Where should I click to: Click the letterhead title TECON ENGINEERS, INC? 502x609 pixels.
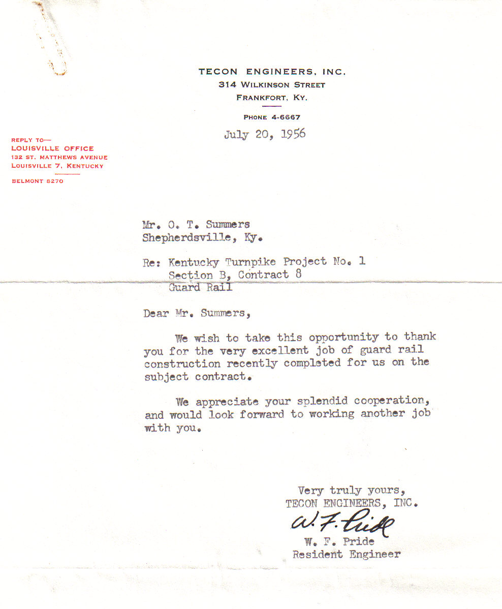pyautogui.click(x=272, y=72)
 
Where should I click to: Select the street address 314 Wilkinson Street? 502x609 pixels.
pyautogui.click(x=272, y=85)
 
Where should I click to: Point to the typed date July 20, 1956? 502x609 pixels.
pyautogui.click(x=265, y=135)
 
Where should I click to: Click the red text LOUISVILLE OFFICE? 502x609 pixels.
pyautogui.click(x=52, y=148)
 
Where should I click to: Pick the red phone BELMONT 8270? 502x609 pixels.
pyautogui.click(x=37, y=181)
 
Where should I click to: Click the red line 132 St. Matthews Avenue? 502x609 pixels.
pyautogui.click(x=59, y=157)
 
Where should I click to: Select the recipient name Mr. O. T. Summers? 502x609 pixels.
pyautogui.click(x=196, y=225)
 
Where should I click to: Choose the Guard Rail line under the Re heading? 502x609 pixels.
pyautogui.click(x=200, y=287)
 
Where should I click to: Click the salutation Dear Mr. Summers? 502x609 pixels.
pyautogui.click(x=197, y=314)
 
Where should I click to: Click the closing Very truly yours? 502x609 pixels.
pyautogui.click(x=351, y=491)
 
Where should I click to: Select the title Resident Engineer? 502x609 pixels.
pyautogui.click(x=346, y=555)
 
